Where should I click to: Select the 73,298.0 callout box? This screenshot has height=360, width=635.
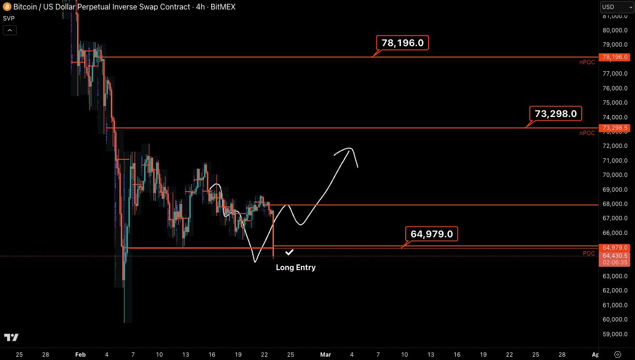pos(555,114)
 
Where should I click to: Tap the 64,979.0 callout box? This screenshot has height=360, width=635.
pos(431,234)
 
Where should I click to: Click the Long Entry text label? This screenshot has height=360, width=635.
pos(295,267)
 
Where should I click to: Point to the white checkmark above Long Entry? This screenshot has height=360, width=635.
pos(289,252)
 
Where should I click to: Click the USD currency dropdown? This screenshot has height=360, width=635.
pos(615,7)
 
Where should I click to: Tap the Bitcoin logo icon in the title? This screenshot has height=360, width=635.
pos(6,7)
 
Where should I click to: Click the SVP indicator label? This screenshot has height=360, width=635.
pos(9,18)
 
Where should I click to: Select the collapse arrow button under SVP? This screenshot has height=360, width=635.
pos(10,30)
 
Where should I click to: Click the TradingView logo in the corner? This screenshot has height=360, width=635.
pos(11,338)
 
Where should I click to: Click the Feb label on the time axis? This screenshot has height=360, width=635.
pos(80,355)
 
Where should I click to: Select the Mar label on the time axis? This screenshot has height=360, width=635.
pos(325,355)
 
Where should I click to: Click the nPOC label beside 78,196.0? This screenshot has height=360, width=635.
pos(587,62)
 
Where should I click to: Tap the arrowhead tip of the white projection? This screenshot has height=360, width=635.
pos(351,149)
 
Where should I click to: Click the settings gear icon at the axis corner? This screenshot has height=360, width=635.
pos(617,354)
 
